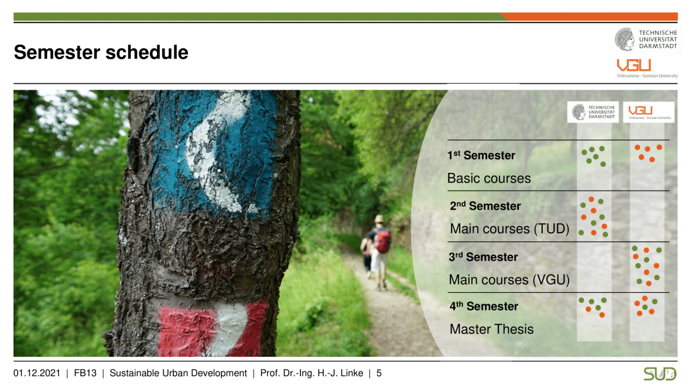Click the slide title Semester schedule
[101, 52]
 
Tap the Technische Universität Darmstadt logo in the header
[645, 39]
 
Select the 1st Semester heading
[481, 155]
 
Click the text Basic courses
[489, 178]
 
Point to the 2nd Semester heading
[485, 206]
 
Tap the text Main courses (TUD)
[509, 229]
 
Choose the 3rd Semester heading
[483, 257]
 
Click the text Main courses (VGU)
[509, 279]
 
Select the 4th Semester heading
[484, 306]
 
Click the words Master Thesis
[491, 329]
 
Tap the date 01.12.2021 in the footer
[36, 373]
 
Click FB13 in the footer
[85, 373]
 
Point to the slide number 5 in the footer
[379, 373]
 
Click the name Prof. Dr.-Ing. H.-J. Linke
[312, 373]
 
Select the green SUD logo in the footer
[660, 374]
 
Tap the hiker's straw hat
[378, 219]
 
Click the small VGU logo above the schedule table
[649, 112]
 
